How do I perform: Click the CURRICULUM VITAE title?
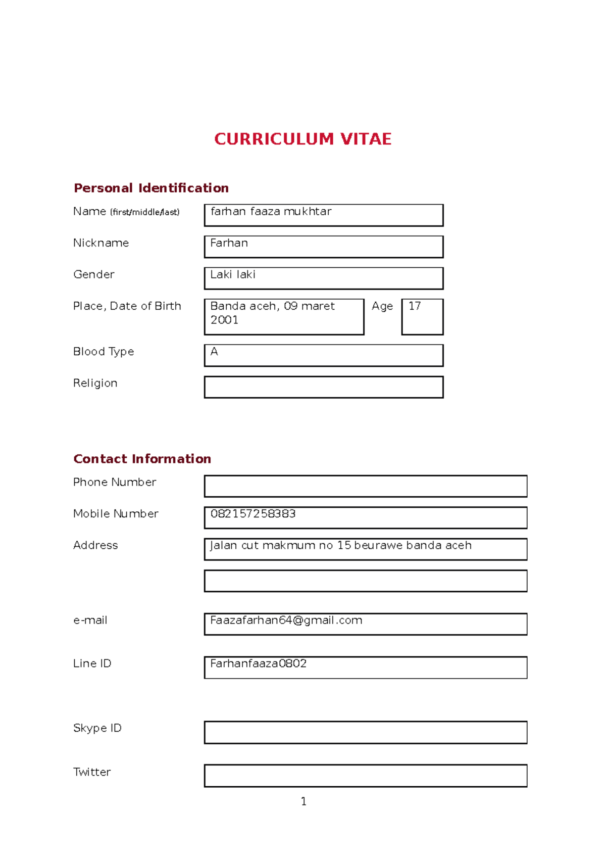point(302,139)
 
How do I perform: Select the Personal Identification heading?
point(151,188)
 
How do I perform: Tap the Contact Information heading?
point(142,459)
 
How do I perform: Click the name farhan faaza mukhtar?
point(271,212)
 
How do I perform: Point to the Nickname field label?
point(101,243)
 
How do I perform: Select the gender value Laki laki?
point(233,274)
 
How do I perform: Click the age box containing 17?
point(422,316)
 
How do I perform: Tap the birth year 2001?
point(224,320)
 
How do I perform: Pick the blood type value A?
point(214,352)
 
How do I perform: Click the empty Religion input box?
point(324,387)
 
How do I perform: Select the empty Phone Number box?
point(366,486)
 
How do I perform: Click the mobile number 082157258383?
point(253,514)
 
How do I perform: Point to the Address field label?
point(95,545)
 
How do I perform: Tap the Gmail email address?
point(286,621)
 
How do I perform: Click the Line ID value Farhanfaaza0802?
point(258,663)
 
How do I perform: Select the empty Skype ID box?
point(366,732)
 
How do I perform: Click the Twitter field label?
point(92,772)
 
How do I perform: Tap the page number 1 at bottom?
point(304,801)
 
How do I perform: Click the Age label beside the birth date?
point(382,306)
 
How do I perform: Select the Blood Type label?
point(104,352)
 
